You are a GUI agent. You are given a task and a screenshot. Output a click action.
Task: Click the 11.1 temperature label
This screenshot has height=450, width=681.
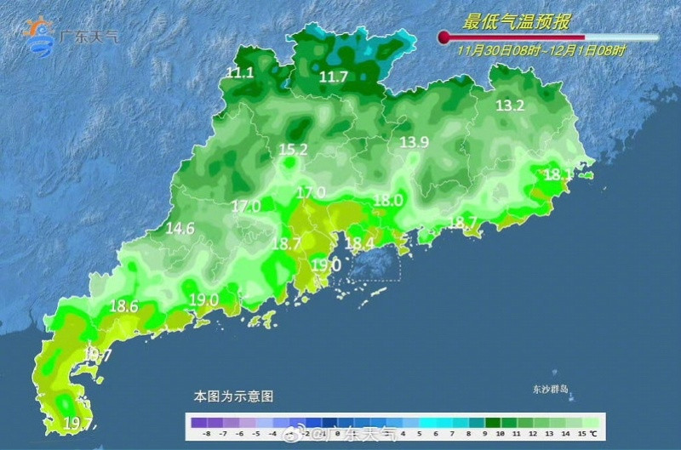tap(240, 73)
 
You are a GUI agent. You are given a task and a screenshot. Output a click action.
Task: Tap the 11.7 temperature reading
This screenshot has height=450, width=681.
tap(334, 77)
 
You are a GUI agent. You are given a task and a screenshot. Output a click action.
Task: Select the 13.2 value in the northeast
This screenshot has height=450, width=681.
tap(510, 106)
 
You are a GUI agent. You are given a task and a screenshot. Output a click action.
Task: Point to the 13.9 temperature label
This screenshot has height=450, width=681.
tap(415, 142)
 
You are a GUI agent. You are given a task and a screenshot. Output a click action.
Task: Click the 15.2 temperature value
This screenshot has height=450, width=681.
tap(293, 151)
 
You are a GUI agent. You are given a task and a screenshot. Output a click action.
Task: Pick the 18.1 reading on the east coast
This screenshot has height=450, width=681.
tap(558, 175)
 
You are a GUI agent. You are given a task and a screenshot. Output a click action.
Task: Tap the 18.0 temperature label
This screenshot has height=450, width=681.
tap(388, 201)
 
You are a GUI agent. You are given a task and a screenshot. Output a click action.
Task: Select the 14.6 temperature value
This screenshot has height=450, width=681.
tap(180, 229)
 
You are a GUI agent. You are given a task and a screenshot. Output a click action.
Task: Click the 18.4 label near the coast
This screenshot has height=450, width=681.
tap(360, 244)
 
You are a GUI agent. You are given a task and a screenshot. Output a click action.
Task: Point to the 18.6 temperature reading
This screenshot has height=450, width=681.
tap(124, 306)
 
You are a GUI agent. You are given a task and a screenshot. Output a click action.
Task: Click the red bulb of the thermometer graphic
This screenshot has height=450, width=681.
tap(444, 37)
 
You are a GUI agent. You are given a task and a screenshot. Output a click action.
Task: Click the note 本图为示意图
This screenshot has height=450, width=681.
tap(233, 396)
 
